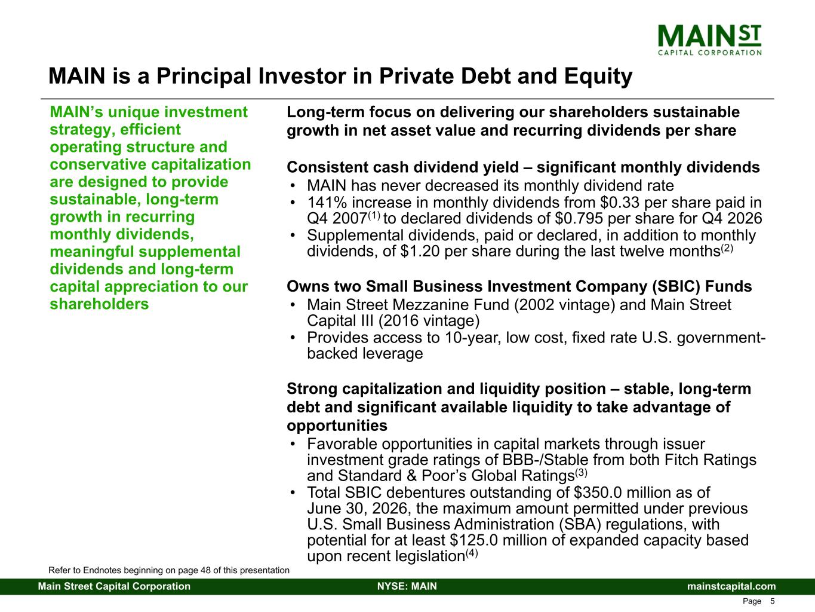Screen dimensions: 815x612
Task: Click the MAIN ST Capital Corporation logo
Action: coord(709,40)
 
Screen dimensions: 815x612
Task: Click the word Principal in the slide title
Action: coord(204,76)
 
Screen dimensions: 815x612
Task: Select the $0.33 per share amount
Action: coord(619,203)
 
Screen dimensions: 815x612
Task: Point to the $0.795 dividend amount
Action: coord(579,219)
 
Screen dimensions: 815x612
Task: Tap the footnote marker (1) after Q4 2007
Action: coord(374,215)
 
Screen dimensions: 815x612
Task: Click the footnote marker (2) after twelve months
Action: coord(727,248)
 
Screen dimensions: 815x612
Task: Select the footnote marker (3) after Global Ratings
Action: coord(581,473)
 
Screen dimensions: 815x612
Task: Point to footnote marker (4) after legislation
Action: coord(472,553)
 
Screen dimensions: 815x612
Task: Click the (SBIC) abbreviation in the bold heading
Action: coord(676,286)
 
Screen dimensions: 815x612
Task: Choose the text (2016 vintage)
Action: coord(429,321)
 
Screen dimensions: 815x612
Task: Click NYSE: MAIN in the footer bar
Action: coord(407,586)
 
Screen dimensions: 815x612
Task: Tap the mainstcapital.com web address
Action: coord(731,586)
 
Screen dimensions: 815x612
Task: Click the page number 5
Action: coord(772,601)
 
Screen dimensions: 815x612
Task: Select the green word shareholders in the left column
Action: coord(99,304)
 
